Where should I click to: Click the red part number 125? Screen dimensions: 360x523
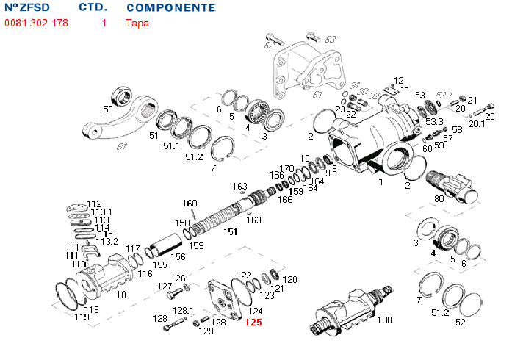(253, 323)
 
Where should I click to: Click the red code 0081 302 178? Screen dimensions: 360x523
(37, 23)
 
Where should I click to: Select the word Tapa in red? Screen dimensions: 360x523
(137, 23)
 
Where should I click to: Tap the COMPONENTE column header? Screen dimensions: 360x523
(171, 8)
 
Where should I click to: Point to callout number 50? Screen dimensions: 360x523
(108, 109)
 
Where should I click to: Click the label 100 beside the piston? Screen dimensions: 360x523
(384, 320)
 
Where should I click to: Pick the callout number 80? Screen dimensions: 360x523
(439, 198)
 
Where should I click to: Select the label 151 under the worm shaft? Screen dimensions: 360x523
(231, 232)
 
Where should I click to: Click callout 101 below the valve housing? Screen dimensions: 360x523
(123, 295)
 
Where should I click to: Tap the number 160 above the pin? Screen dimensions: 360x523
(190, 204)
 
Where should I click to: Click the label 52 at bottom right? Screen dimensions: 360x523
(461, 322)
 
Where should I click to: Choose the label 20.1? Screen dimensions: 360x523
(477, 123)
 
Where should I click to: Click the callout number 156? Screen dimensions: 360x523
(178, 257)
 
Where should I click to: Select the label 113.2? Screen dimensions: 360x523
(107, 241)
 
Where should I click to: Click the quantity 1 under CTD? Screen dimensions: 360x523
(104, 23)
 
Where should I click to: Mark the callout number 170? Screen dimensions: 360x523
(286, 169)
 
